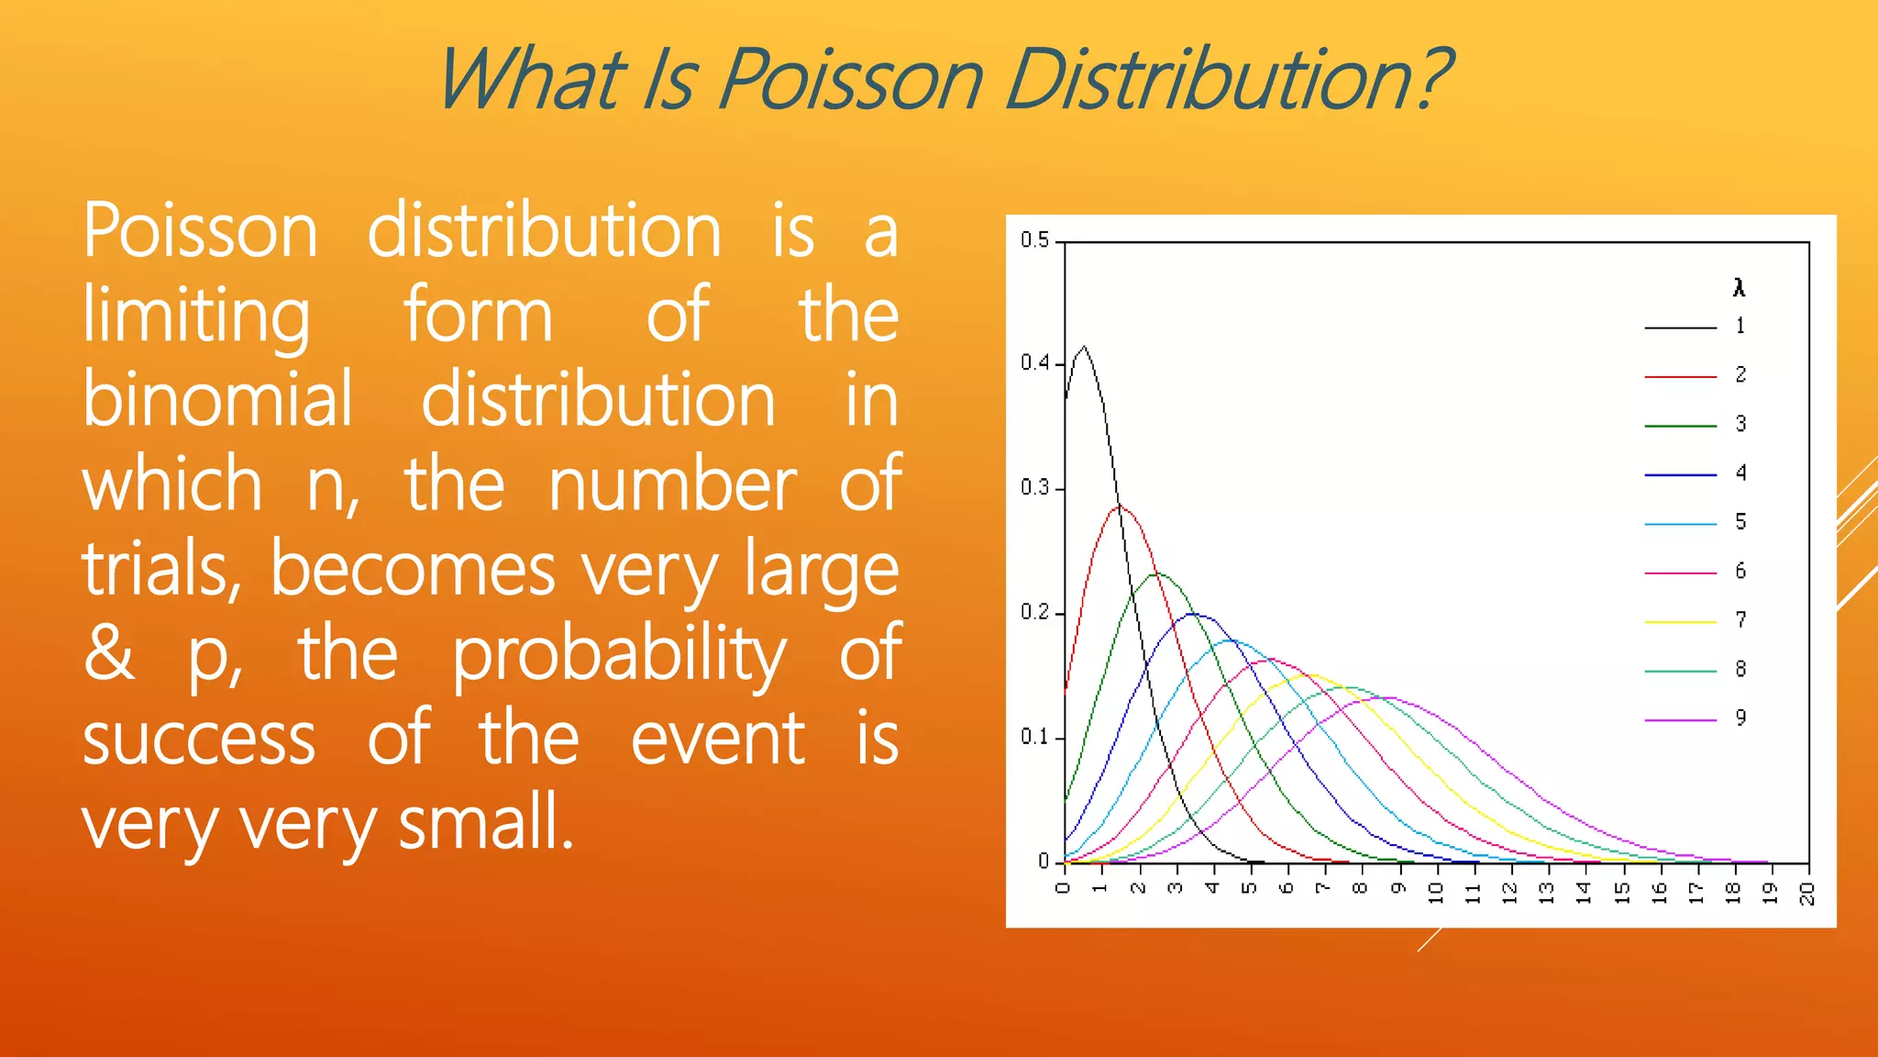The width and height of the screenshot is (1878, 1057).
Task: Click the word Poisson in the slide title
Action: pos(851,81)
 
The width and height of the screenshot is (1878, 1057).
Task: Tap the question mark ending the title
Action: pos(1427,81)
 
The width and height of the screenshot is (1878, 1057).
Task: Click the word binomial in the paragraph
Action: pos(217,400)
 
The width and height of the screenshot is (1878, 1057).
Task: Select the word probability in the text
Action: pos(619,655)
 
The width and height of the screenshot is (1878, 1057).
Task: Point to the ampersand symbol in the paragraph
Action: pos(110,653)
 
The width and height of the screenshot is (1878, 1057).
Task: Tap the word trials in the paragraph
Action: pos(160,569)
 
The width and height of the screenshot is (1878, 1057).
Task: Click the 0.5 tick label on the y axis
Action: pos(1034,240)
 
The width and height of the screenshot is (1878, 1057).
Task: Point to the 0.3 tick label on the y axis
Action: pos(1034,487)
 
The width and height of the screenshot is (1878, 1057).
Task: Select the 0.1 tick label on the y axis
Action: pos(1034,737)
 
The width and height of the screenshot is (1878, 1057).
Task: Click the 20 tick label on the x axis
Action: pos(1806,893)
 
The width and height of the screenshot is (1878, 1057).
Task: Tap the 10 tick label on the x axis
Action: pos(1436,893)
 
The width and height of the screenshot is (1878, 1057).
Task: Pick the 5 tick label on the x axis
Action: pos(1249,888)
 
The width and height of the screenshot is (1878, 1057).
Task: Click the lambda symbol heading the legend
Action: pos(1739,288)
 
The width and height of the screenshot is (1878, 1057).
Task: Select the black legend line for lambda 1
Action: pos(1680,328)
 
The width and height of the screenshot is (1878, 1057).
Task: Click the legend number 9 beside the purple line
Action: pos(1740,718)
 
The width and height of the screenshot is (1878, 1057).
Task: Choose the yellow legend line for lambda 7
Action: pos(1680,622)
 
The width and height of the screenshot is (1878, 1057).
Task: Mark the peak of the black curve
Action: pos(1085,347)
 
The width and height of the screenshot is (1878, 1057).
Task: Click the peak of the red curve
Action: pos(1121,506)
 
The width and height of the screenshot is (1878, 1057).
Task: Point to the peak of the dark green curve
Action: pos(1158,573)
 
